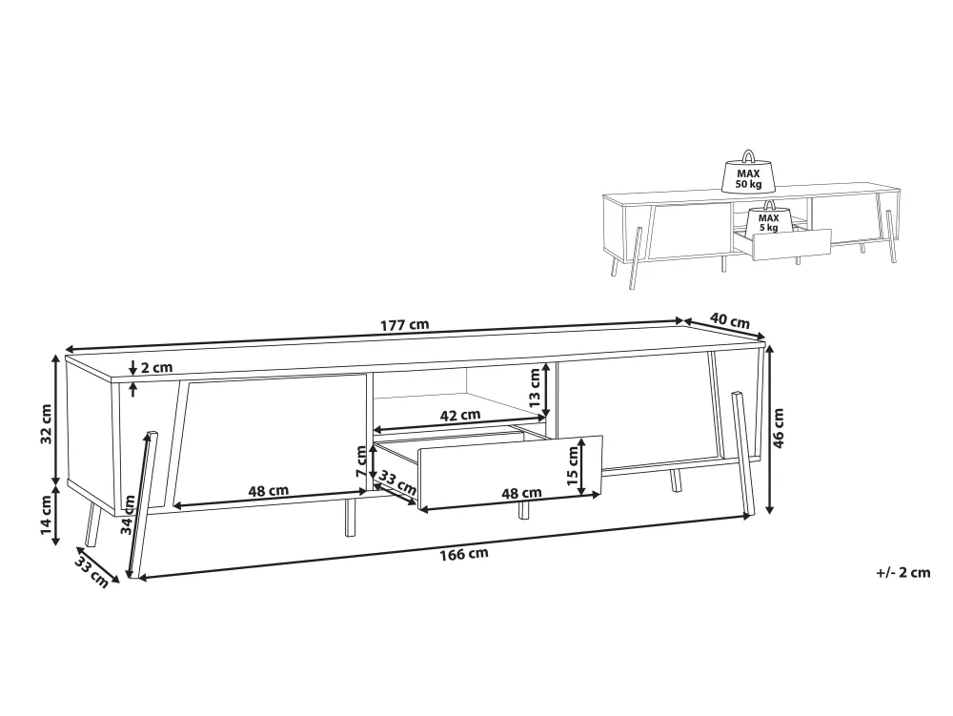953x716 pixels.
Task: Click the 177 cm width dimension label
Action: [x=404, y=324]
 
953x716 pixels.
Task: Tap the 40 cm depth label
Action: [x=729, y=321]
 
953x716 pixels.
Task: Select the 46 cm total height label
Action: [x=780, y=427]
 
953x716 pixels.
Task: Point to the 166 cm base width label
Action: [x=464, y=554]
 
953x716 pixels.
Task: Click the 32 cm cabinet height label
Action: [x=47, y=424]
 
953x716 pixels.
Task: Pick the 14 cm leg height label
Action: [x=47, y=515]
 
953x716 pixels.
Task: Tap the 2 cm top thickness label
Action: [x=157, y=367]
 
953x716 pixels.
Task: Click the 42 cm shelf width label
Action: [x=459, y=415]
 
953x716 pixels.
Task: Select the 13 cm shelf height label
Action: [x=535, y=388]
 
